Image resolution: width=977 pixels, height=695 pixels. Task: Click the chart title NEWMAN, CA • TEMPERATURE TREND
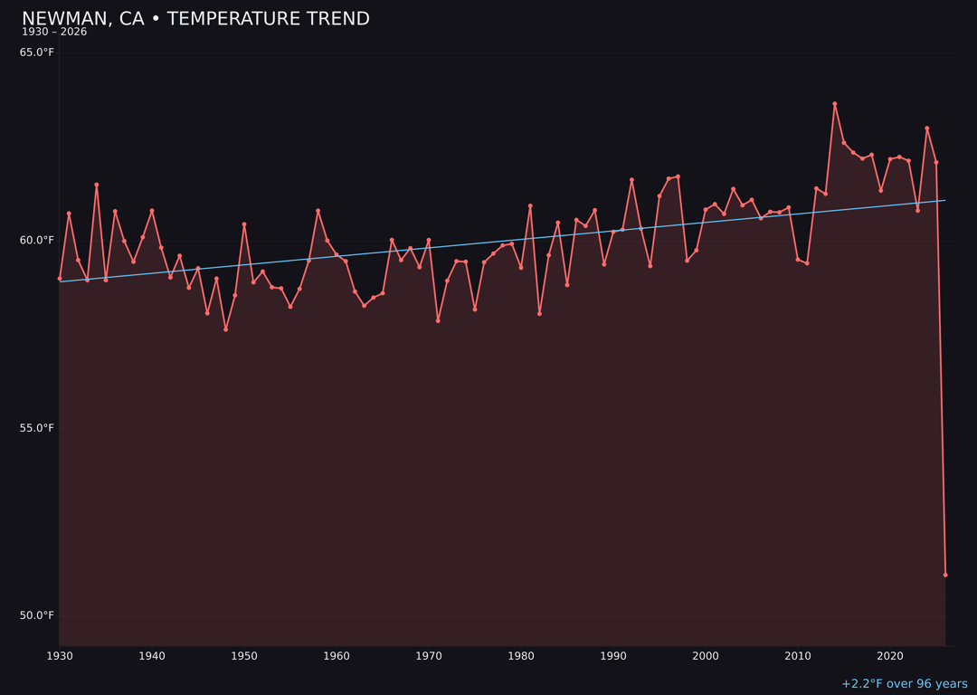coord(195,19)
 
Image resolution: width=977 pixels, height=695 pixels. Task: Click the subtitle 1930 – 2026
coord(54,33)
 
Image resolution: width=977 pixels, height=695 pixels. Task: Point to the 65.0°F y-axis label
coord(37,52)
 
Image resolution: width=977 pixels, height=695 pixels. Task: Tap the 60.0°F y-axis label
coord(37,240)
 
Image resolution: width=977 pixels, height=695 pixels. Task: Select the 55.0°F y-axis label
coord(37,428)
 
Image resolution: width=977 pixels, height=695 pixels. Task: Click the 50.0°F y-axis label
coord(37,615)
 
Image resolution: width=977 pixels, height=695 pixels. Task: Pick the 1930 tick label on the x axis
coord(60,655)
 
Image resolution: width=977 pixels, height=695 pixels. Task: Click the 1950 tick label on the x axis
coord(244,655)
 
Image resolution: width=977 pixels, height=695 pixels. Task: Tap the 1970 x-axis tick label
coord(429,655)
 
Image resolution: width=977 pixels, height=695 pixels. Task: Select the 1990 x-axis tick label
coord(613,655)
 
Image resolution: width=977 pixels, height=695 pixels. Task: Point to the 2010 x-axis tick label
coord(798,655)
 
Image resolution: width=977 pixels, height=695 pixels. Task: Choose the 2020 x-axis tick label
coord(890,655)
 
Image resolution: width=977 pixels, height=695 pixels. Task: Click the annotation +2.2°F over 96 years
coord(904,684)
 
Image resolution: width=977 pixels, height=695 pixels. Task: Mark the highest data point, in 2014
coord(835,104)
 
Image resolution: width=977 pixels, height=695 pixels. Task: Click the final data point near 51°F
coord(945,575)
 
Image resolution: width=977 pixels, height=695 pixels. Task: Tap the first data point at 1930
coord(60,279)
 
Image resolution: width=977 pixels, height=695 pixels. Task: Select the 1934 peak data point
coord(97,185)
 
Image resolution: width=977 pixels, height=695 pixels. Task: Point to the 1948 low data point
coord(226,329)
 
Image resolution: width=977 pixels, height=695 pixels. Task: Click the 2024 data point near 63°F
coord(927,129)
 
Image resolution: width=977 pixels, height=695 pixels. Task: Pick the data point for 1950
coord(244,224)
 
